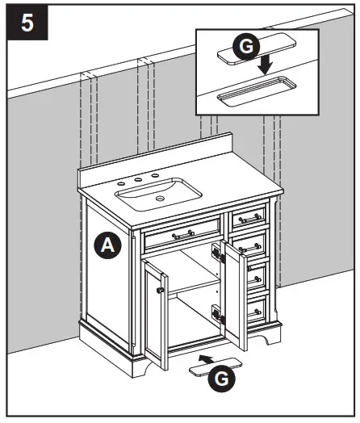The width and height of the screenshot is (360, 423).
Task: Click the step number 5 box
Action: pyautogui.click(x=27, y=23)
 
